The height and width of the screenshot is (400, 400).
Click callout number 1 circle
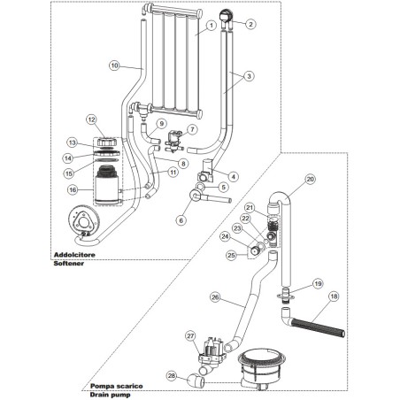[212, 27]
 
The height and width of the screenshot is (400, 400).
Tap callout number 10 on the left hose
[114, 65]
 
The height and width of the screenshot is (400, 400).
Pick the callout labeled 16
[73, 188]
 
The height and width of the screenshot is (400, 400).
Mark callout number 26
[215, 298]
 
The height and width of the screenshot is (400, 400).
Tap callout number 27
[189, 335]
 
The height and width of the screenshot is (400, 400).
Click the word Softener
[44, 263]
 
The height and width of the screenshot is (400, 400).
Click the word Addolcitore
[50, 254]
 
